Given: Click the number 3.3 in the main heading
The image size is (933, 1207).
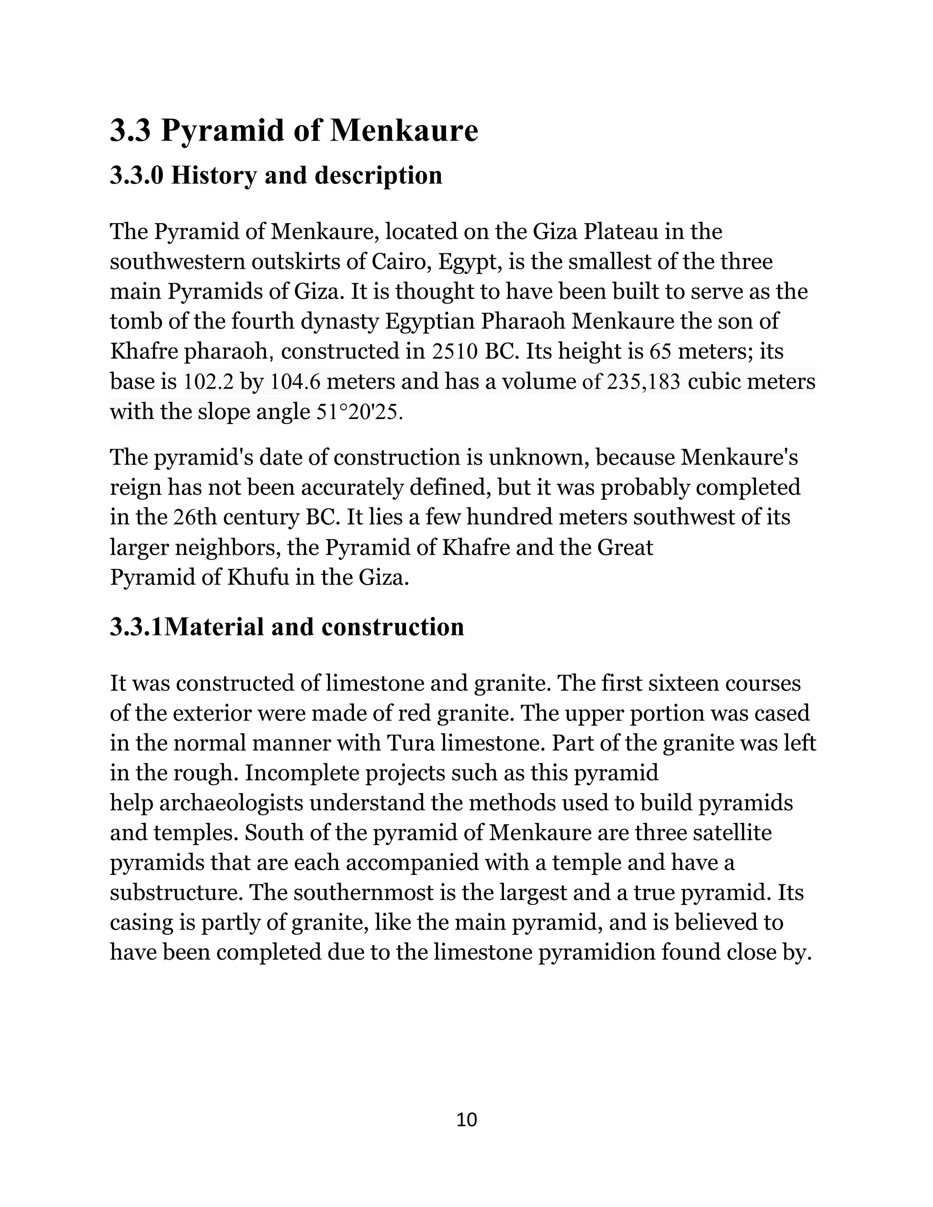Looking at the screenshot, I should (130, 131).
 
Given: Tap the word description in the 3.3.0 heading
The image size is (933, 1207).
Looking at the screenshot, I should (379, 175).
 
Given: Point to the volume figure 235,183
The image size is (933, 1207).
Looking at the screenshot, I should (643, 382).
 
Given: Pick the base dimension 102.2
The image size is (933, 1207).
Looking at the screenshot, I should (208, 382).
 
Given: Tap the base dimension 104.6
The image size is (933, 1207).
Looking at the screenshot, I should (296, 382).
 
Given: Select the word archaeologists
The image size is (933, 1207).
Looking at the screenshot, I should (231, 803).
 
